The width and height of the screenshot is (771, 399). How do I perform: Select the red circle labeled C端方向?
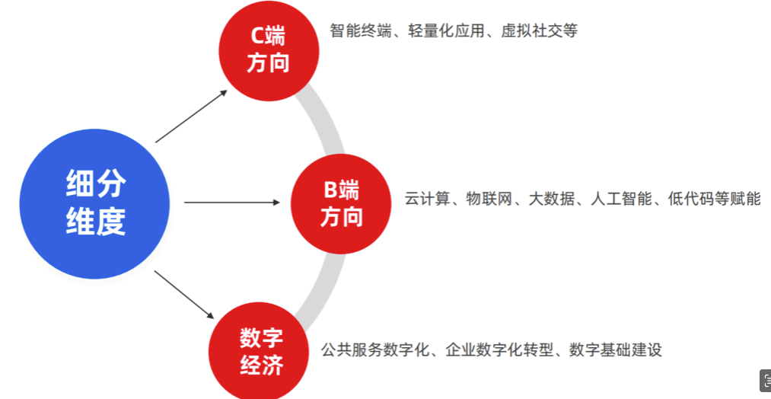coord(268,49)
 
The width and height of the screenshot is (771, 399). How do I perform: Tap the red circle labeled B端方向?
coord(340,203)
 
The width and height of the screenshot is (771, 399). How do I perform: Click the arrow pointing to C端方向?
coord(192,116)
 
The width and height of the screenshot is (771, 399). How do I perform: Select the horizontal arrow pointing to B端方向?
coord(232,203)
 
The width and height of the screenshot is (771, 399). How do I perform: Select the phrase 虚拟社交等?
coord(540,31)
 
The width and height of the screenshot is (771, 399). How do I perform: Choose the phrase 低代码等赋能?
coord(715,199)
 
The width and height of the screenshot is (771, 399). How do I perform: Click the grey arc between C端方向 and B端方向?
coord(325,122)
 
